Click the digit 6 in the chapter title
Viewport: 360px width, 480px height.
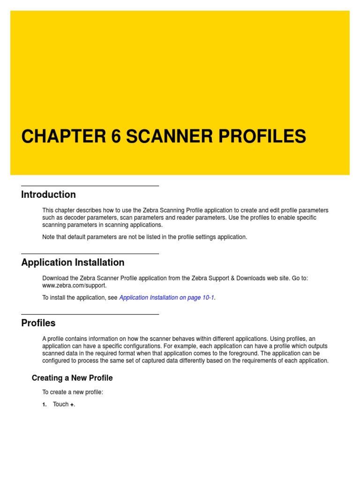116,136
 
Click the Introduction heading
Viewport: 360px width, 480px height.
48,195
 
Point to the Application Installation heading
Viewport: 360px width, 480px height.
73,262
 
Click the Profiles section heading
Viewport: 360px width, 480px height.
38,323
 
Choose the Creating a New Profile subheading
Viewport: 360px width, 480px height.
72,378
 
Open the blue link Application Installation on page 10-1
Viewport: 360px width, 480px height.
167,297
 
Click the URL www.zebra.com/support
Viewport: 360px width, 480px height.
74,285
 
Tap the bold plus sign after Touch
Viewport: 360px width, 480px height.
72,405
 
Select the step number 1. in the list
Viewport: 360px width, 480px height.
45,405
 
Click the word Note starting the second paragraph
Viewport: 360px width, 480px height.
48,237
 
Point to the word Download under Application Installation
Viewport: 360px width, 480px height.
55,278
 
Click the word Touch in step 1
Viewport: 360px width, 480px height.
60,405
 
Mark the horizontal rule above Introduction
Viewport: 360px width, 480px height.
90,186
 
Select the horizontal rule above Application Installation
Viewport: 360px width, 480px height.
90,254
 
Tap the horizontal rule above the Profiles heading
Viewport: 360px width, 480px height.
90,315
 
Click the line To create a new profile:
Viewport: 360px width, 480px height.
73,392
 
